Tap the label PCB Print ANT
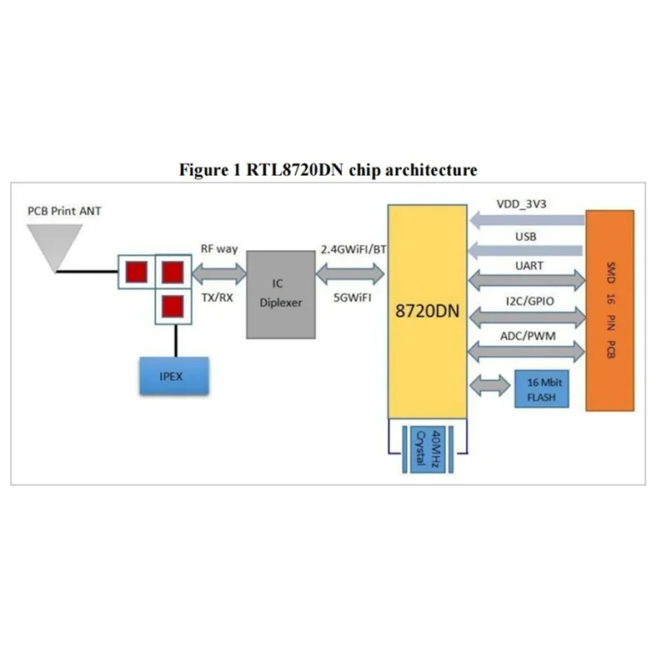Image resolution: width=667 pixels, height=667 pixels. coord(64,211)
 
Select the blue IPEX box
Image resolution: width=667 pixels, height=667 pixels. coord(174,376)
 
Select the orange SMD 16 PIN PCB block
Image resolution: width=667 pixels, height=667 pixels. coord(615,310)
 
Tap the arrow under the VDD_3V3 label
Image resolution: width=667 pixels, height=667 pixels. coord(527,220)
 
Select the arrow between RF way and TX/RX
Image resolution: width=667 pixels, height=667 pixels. coord(219,273)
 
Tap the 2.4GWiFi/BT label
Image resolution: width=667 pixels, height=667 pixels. coord(352,248)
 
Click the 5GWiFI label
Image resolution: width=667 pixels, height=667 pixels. coord(352,297)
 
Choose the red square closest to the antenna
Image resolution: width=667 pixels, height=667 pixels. coord(136,271)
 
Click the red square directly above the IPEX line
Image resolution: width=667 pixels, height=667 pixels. coord(172,305)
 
